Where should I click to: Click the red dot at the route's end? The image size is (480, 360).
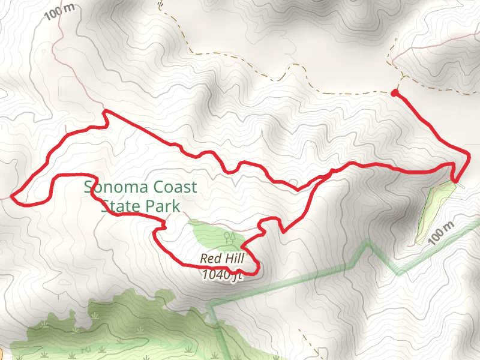pos(394,93)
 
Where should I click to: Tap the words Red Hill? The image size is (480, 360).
pos(221,259)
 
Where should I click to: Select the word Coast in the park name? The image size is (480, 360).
pos(171,187)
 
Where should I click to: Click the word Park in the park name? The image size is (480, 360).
pos(164,206)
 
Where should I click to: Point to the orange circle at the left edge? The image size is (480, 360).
pos(2,352)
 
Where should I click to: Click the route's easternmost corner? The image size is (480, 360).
pos(467,154)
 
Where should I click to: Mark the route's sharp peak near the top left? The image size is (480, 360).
pos(105,112)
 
